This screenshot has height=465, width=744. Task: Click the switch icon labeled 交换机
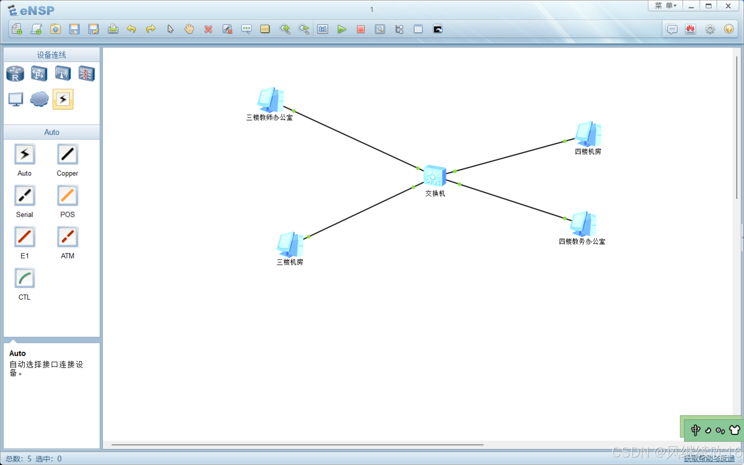click(434, 176)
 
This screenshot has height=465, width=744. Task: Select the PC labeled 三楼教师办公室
click(270, 100)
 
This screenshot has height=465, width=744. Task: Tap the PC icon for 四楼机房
click(588, 134)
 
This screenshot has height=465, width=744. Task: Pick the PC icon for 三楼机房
click(290, 244)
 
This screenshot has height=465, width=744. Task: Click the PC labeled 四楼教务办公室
click(583, 224)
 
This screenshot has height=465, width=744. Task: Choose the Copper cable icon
click(67, 154)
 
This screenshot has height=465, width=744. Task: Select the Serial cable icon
click(24, 196)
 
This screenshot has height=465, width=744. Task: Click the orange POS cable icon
click(67, 196)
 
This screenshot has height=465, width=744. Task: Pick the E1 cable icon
click(24, 237)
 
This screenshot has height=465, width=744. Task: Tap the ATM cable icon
click(67, 237)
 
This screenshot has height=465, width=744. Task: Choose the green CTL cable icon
click(24, 278)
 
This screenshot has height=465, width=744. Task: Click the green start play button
click(342, 29)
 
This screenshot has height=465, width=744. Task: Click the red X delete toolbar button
click(208, 29)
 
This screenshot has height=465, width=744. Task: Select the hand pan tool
click(189, 29)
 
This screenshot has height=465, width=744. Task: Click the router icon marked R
click(15, 74)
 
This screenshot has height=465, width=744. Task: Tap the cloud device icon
click(39, 99)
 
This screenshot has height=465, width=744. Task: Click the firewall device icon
click(86, 74)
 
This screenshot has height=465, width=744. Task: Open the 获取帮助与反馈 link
click(709, 458)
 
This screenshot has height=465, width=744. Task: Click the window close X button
click(728, 6)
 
